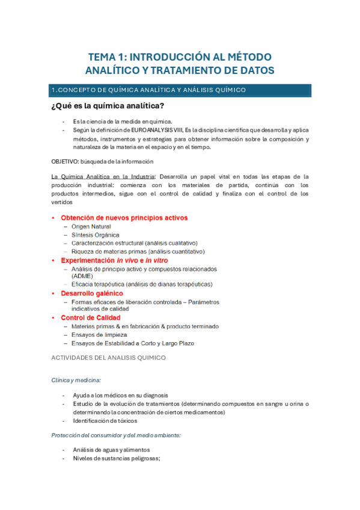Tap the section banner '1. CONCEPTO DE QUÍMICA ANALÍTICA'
point(148,90)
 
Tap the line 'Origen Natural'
point(91,227)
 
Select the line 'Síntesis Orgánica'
point(95,235)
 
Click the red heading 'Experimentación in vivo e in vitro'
point(114,260)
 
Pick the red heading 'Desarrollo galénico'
point(92,293)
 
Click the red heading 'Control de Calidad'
point(91,318)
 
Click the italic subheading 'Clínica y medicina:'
point(76,380)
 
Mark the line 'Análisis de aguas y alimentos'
point(111,450)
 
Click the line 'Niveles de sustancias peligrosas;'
point(116,458)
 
